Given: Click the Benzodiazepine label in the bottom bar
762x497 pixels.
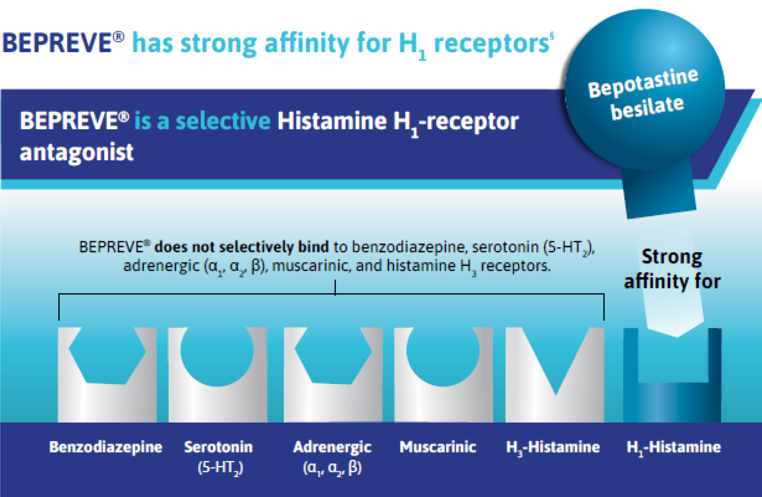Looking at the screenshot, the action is point(106,447).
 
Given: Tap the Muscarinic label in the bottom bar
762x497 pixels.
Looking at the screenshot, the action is point(438,447).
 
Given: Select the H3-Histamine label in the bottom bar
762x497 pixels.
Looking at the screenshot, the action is point(553,447).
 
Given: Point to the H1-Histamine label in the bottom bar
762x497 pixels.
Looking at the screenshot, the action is point(674,447).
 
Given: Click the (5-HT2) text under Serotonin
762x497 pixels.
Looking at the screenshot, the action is point(220,468).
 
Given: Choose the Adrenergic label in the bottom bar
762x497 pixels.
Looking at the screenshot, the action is point(332,447).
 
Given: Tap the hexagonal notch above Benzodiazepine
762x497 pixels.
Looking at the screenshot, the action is point(107,355).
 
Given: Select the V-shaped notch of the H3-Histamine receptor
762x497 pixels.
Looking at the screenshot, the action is point(556,358).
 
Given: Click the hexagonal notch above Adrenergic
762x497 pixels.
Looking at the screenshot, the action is point(333,355).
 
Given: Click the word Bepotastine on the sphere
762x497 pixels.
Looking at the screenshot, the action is point(643,83).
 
